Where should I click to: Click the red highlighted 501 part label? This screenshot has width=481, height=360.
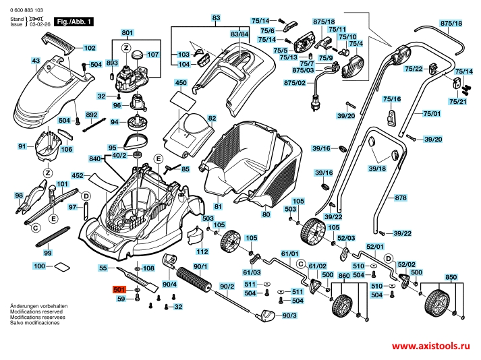[x=121, y=291]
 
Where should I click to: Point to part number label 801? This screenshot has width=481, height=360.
[x=128, y=33]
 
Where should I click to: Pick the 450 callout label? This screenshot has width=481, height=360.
[x=180, y=83]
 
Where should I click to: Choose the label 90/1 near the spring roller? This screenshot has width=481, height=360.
[x=201, y=268]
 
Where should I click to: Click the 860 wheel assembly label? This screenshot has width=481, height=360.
[x=344, y=276]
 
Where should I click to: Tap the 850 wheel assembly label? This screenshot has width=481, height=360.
[x=451, y=276]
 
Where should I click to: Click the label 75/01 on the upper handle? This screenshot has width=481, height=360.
[x=432, y=115]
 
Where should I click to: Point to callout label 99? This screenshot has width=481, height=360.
[x=47, y=252]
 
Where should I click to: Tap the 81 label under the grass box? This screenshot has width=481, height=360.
[x=217, y=206]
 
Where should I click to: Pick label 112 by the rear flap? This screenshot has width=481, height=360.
[x=202, y=251]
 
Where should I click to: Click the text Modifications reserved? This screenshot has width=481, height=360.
[x=34, y=312]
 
